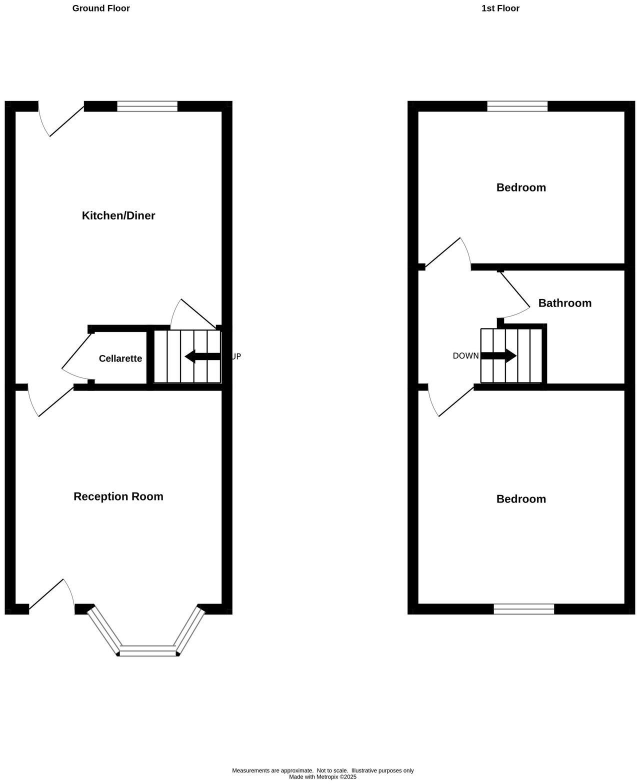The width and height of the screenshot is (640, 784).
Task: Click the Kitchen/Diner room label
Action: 118,215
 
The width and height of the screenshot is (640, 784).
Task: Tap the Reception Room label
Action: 118,496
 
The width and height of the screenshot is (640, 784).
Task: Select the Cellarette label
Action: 120,358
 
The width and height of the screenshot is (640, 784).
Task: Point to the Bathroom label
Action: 564,303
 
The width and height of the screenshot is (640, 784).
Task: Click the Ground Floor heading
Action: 101,8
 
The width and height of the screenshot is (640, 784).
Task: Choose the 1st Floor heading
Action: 500,8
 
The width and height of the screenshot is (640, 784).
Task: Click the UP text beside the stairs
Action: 236,356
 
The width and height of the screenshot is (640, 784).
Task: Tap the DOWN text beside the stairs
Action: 465,356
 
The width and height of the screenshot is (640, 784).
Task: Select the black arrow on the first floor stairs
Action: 498,356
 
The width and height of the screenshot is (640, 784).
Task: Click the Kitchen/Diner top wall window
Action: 147,106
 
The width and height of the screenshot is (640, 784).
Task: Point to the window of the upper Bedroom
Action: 517,106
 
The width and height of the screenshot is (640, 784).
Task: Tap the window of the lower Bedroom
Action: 524,609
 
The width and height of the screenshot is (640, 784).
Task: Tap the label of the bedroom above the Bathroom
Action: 521,187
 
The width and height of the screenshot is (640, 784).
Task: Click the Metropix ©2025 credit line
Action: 322,777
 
